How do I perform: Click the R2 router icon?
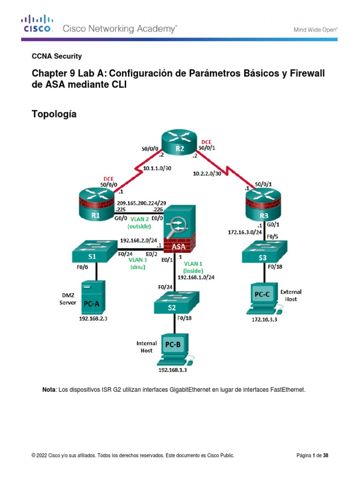pyautogui.click(x=180, y=142)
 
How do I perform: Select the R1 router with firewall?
pyautogui.click(x=97, y=204)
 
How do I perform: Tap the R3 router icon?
pyautogui.click(x=263, y=204)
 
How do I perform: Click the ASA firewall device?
pyautogui.click(x=180, y=229)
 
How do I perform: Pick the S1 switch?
pyautogui.click(x=95, y=251)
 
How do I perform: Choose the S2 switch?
pyautogui.click(x=176, y=302)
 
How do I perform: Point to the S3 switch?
pyautogui.click(x=264, y=252)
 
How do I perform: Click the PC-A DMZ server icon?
pyautogui.click(x=93, y=297)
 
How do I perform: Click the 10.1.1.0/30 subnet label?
pyautogui.click(x=157, y=168)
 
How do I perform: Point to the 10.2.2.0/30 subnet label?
pyautogui.click(x=207, y=173)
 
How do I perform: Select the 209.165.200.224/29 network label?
pyautogui.click(x=142, y=203)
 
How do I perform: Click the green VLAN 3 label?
pyautogui.click(x=138, y=260)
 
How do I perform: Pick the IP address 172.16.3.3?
pyautogui.click(x=264, y=320)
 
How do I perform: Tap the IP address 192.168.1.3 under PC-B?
pyautogui.click(x=172, y=370)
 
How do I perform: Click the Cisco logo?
pyautogui.click(x=37, y=23)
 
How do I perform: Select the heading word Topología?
pyautogui.click(x=54, y=114)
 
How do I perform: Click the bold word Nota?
pyautogui.click(x=49, y=390)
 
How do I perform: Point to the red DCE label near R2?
pyautogui.click(x=206, y=142)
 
